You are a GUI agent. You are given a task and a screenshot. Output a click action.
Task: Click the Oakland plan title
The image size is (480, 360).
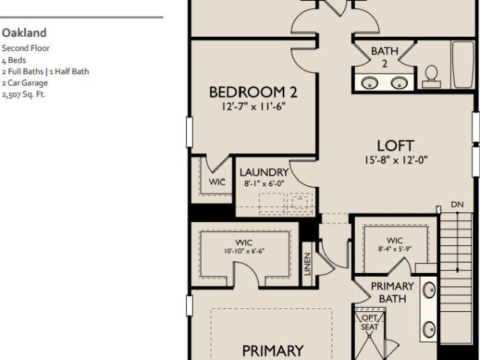pos(24,33)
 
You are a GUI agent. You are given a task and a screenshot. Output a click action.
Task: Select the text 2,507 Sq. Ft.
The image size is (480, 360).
pos(23,94)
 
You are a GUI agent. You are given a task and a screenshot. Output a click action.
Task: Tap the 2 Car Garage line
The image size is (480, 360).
pos(25,83)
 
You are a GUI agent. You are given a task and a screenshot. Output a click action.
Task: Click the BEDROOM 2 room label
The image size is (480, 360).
pos(253,92)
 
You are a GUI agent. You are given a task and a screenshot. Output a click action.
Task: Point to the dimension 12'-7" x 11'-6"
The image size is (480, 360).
pos(253,106)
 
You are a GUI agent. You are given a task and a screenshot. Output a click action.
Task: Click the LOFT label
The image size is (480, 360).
pos(395,145)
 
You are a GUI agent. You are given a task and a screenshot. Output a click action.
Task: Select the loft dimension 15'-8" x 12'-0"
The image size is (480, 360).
pos(396,160)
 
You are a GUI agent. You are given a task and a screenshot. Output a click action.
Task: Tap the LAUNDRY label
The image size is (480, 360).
pos(264,172)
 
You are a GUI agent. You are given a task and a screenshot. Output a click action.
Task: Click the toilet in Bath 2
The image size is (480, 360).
pos(431,76)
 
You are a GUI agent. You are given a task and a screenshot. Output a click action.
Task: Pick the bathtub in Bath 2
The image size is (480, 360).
pos(463,64)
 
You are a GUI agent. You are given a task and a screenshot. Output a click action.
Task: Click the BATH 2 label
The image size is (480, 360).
pos(385,57)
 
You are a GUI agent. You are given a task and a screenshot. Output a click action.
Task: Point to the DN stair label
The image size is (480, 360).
pos(457,205)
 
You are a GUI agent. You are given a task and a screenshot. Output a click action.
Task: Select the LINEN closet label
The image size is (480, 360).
pos(307,264)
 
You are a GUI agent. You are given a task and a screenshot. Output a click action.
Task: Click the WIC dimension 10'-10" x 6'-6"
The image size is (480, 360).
pos(244,251)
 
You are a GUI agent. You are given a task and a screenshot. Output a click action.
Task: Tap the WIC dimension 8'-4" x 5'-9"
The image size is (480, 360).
pos(394,249)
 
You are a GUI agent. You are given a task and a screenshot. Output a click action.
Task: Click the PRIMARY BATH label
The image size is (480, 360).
pos(392,292)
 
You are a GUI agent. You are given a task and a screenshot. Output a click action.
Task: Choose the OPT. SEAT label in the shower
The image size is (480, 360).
pos(370,322)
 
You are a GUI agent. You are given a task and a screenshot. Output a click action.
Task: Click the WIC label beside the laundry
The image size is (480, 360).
pos(217,182)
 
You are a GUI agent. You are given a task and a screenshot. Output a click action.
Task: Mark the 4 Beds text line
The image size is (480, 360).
pos(13,60)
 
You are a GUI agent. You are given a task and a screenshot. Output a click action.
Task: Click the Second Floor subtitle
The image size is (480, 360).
pos(25,48)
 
